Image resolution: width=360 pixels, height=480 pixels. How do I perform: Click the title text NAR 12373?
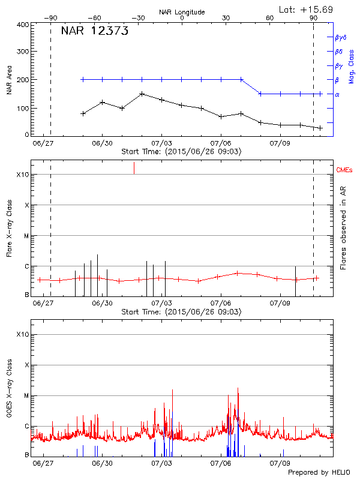click(95, 32)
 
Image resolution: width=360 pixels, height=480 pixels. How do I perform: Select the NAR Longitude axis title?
click(182, 12)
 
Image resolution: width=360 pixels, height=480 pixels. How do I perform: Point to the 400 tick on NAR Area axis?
click(22, 25)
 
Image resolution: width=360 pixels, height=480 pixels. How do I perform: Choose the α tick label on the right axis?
click(337, 94)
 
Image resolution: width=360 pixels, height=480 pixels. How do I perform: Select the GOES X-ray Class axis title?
click(9, 392)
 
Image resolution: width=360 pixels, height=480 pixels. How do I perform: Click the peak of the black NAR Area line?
click(142, 94)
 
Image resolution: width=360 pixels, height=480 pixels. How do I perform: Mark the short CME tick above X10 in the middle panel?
click(134, 168)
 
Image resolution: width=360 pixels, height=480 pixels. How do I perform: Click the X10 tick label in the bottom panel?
click(22, 334)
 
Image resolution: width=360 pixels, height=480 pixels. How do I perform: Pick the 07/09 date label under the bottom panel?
click(280, 464)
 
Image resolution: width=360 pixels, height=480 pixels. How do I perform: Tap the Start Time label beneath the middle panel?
click(181, 312)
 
